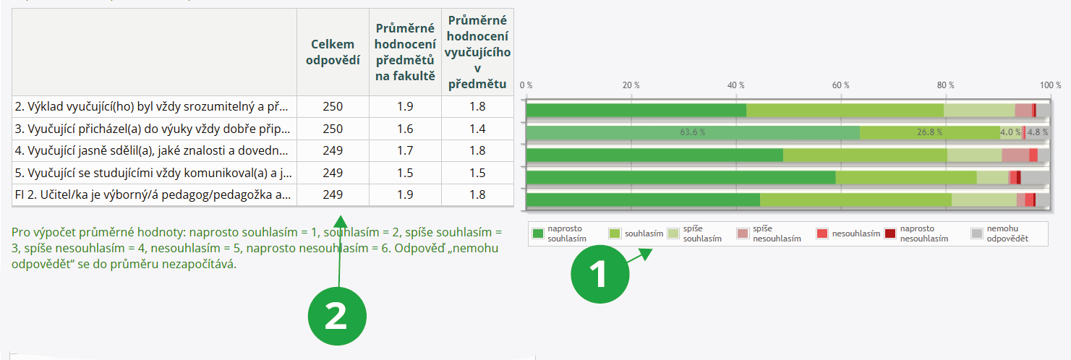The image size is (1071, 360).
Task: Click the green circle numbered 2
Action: coord(337,316)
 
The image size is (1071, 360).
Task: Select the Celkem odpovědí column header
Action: coord(333,51)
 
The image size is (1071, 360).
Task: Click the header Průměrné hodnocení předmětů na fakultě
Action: coord(405,51)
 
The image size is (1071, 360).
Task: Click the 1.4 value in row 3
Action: coord(477,129)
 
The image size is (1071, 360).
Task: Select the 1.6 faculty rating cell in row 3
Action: coord(405,129)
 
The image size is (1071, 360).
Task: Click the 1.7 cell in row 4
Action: coord(405,150)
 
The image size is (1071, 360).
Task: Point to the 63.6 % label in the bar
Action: coord(692,132)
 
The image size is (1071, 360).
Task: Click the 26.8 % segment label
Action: coord(929,132)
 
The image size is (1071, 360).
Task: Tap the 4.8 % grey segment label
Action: coord(1038,132)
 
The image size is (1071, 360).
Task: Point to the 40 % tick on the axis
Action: coord(736,85)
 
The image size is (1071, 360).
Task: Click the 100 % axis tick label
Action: coord(1050,85)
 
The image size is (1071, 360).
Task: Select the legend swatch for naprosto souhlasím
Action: coord(537,233)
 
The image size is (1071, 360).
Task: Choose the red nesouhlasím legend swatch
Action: coord(822,233)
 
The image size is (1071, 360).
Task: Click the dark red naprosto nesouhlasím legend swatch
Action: coord(889,233)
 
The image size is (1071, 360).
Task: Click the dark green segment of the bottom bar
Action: coord(643,200)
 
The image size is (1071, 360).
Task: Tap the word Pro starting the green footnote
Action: coord(21,233)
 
